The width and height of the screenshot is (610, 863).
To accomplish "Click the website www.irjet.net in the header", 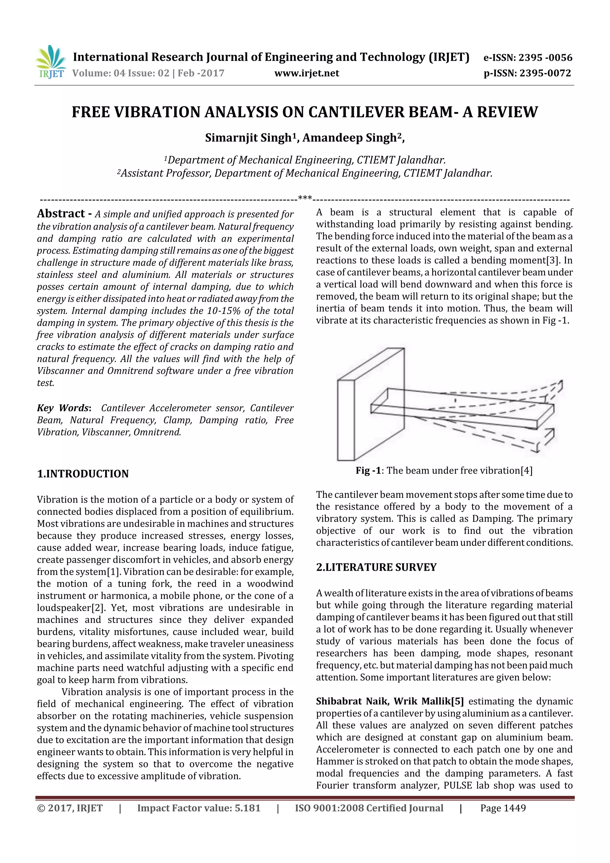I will [x=307, y=73].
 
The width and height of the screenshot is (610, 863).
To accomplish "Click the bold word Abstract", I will [x=61, y=214].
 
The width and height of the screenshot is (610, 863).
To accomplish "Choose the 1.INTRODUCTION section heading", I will [x=83, y=474].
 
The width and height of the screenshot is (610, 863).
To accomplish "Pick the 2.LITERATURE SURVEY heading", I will [x=376, y=567].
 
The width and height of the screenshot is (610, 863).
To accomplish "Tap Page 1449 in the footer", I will [x=503, y=808].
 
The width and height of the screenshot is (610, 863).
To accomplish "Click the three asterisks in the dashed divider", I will [x=305, y=198].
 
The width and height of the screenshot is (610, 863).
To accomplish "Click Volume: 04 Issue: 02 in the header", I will [x=120, y=73].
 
